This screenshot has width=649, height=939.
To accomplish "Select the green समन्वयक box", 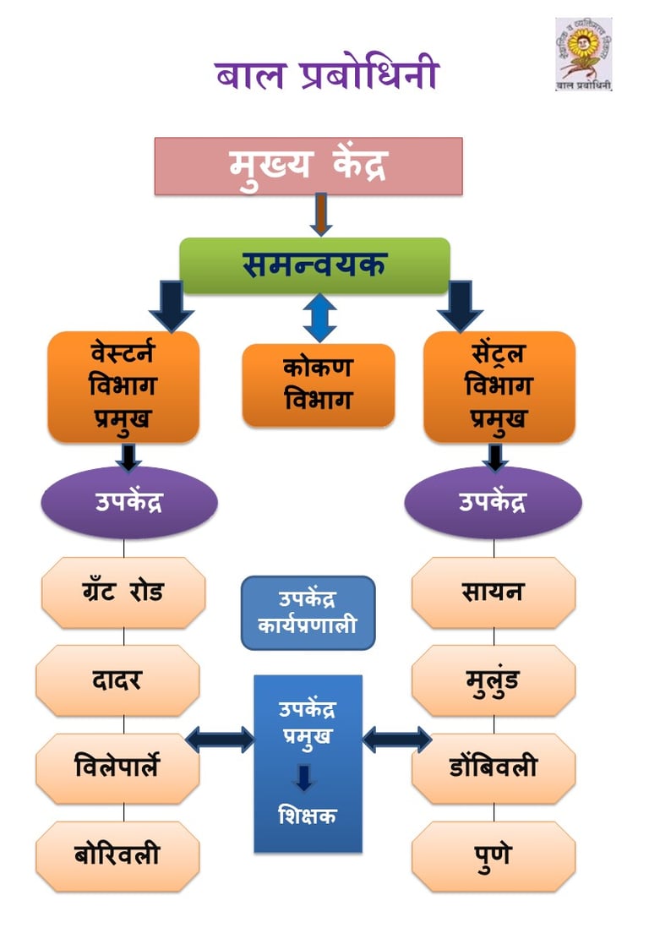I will click(x=314, y=265).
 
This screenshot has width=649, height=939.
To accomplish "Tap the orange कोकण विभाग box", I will click(x=318, y=385).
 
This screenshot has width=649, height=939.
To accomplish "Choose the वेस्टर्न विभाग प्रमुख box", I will click(x=123, y=386).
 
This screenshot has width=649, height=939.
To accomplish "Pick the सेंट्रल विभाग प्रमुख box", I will click(x=499, y=386).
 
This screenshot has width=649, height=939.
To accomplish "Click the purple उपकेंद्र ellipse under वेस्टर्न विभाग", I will click(x=129, y=502).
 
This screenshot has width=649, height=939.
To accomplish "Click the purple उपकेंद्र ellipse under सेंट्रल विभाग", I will click(x=493, y=502).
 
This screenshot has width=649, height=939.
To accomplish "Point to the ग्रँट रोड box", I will click(x=123, y=592).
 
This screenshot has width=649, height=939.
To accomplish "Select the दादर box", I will click(x=117, y=680).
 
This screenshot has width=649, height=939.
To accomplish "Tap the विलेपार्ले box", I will click(x=117, y=768).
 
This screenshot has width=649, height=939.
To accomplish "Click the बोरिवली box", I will click(x=117, y=856).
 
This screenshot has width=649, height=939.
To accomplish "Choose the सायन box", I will click(x=493, y=592).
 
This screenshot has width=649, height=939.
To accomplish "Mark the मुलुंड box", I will click(x=493, y=680).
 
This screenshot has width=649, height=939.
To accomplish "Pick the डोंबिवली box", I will click(x=493, y=768).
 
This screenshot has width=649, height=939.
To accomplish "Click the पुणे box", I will click(x=493, y=856).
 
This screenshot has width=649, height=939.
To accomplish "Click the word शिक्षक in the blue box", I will click(x=308, y=816).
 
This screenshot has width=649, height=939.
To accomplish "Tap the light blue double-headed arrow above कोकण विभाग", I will click(x=319, y=318).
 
